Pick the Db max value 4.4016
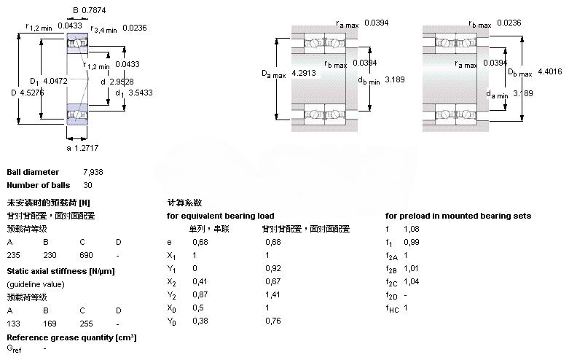click(x=551, y=71)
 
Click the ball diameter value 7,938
click(x=93, y=172)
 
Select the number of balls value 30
click(x=88, y=185)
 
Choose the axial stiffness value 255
click(x=86, y=323)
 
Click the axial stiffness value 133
click(x=13, y=323)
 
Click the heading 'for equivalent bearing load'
click(x=221, y=216)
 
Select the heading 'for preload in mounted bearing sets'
click(x=458, y=216)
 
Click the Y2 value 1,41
click(x=272, y=294)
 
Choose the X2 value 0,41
click(x=199, y=281)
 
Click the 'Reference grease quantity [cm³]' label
click(x=71, y=337)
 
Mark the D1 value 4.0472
click(x=55, y=81)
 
